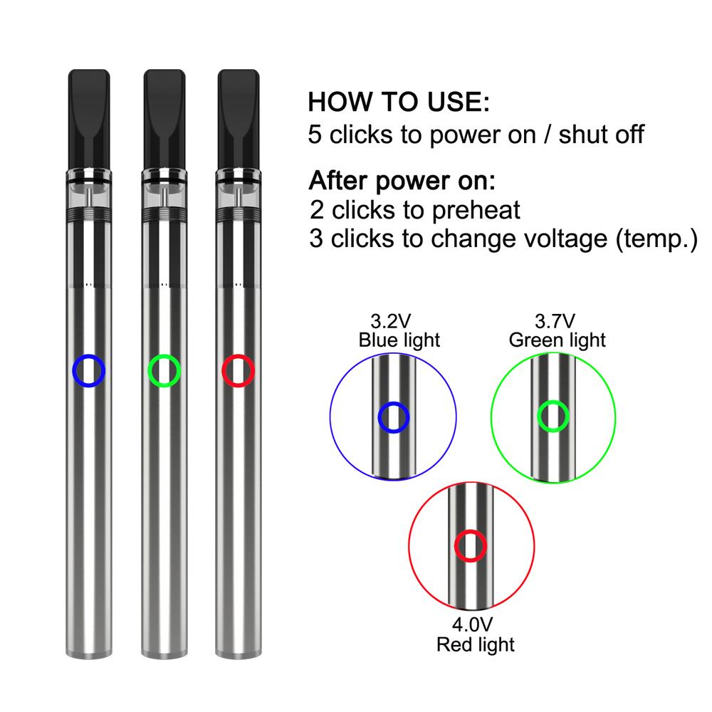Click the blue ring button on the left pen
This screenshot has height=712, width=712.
(73, 371)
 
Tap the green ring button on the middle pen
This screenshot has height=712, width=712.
(150, 371)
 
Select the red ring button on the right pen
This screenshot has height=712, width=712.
(224, 371)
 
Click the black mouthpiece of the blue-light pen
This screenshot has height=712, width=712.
(89, 119)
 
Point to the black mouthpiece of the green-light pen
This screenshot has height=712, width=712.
(164, 119)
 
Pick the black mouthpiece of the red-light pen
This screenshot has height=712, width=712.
(239, 119)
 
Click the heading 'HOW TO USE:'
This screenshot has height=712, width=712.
(399, 102)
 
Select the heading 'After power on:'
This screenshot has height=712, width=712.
(402, 181)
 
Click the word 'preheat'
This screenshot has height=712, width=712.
(476, 210)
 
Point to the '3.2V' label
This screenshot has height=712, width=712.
(390, 321)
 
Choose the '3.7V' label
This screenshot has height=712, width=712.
(555, 321)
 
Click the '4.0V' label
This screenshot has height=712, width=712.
(472, 625)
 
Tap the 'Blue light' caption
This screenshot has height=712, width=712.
(399, 340)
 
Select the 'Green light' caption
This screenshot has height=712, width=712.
(557, 340)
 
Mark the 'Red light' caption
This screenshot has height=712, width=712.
(476, 645)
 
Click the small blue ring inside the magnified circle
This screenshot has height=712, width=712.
(380, 417)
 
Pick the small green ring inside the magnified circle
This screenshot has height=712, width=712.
(540, 417)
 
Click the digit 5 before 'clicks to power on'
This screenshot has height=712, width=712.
(315, 135)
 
